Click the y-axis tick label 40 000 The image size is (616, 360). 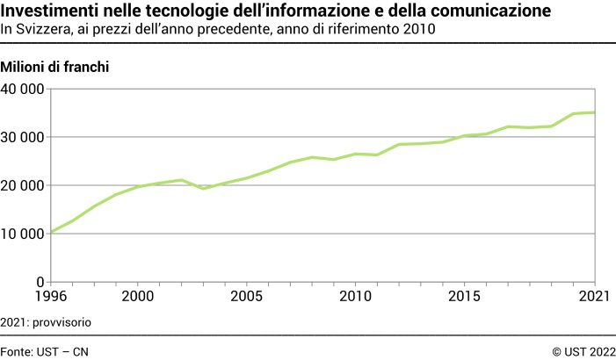pos(23,89)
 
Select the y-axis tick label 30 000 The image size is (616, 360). pos(23,137)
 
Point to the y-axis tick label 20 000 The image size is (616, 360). pos(23,185)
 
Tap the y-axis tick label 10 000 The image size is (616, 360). pos(23,234)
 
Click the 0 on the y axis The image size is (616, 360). pos(40,282)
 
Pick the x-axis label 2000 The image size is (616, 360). pos(138,298)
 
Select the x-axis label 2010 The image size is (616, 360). pos(355,298)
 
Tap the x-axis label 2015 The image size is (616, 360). pos(464,298)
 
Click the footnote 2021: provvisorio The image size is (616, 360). pos(46,322)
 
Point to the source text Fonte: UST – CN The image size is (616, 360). pos(45,351)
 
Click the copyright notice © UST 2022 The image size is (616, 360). pos(583,351)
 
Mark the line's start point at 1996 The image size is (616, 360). pos(50,232)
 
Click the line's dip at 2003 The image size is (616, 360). pos(203,189)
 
